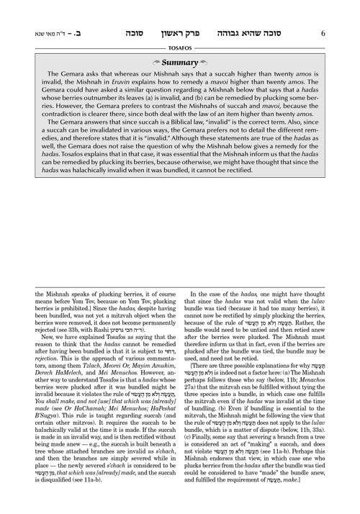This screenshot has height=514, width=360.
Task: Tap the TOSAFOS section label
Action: coord(179,31)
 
